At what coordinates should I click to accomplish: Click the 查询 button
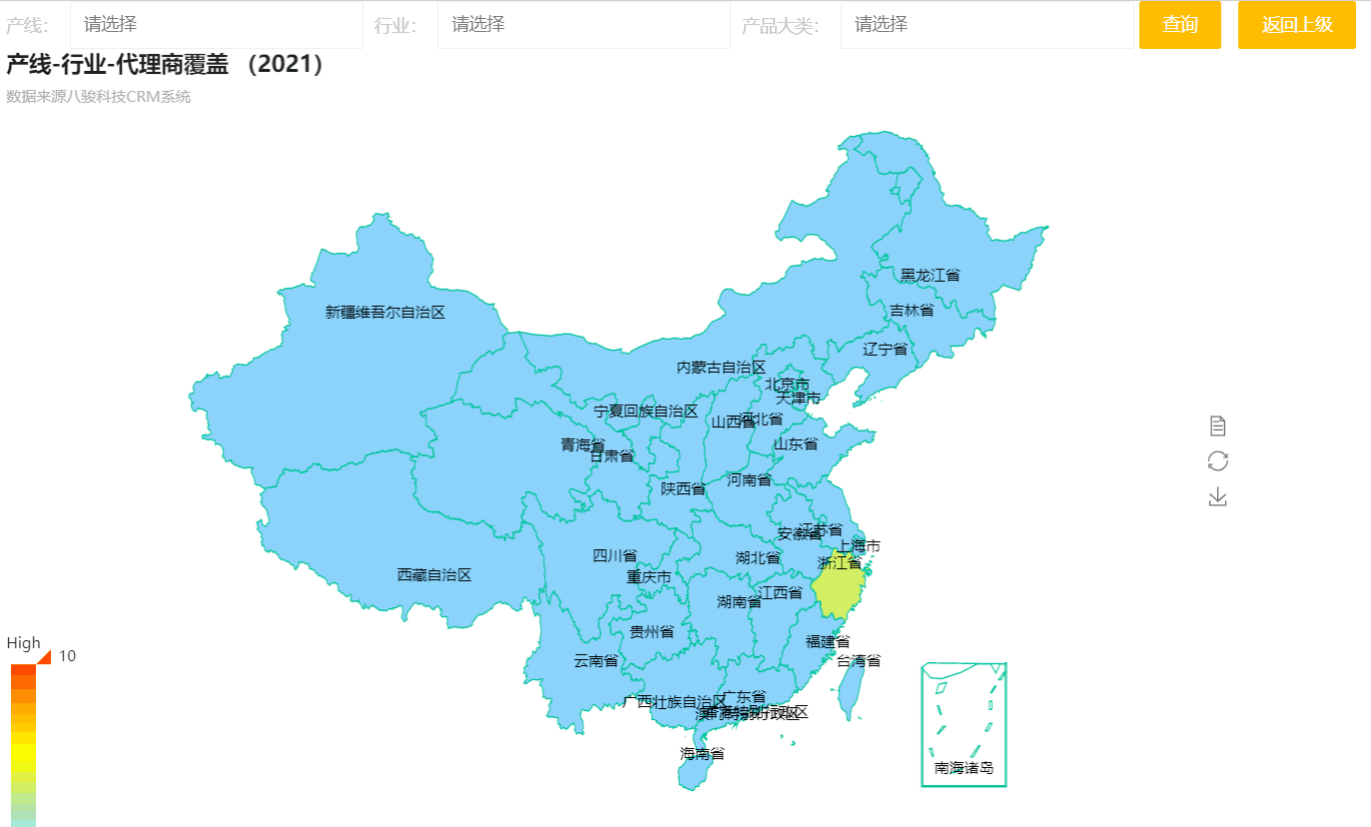pyautogui.click(x=1180, y=25)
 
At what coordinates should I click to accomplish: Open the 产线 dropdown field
pyautogui.click(x=216, y=25)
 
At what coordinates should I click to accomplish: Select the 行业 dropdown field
pyautogui.click(x=583, y=25)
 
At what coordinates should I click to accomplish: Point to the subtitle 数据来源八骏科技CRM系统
pyautogui.click(x=98, y=97)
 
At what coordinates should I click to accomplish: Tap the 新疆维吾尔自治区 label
pyautogui.click(x=385, y=312)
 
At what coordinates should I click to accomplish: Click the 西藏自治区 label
pyautogui.click(x=434, y=574)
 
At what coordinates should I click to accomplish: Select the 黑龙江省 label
pyautogui.click(x=930, y=275)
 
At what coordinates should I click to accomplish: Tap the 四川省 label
pyautogui.click(x=615, y=555)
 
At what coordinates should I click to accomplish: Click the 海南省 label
pyautogui.click(x=703, y=753)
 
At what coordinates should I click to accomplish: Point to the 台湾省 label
pyautogui.click(x=859, y=660)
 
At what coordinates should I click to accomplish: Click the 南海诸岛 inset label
pyautogui.click(x=964, y=768)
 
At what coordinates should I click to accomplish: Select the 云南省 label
pyautogui.click(x=596, y=660)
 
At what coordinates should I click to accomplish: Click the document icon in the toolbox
pyautogui.click(x=1217, y=426)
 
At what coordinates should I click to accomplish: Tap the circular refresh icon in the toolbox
pyautogui.click(x=1217, y=460)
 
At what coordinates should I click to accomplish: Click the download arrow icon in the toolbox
pyautogui.click(x=1217, y=496)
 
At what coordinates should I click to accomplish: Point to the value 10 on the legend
pyautogui.click(x=68, y=656)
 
